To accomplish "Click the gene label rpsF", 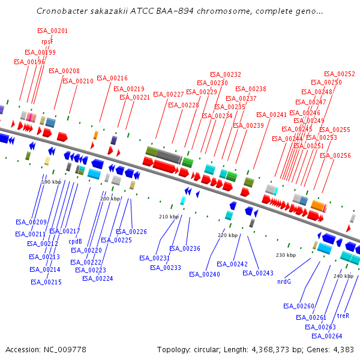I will click(47, 41).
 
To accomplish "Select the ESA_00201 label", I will click(52, 31).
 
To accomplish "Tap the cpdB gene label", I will click(75, 242).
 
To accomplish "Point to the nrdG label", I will click(284, 281).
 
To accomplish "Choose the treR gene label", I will click(343, 316).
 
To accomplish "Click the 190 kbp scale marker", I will click(51, 182).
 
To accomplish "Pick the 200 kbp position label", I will click(110, 199).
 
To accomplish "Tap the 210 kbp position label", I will click(169, 217).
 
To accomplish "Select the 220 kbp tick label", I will click(227, 236).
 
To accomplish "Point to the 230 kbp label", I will click(286, 256).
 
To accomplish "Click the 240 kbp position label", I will click(344, 277).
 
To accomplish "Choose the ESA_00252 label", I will click(340, 74).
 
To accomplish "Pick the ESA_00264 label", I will click(327, 336).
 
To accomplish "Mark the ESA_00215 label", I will click(46, 282).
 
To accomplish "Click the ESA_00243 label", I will click(258, 273).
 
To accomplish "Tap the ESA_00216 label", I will click(112, 78).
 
